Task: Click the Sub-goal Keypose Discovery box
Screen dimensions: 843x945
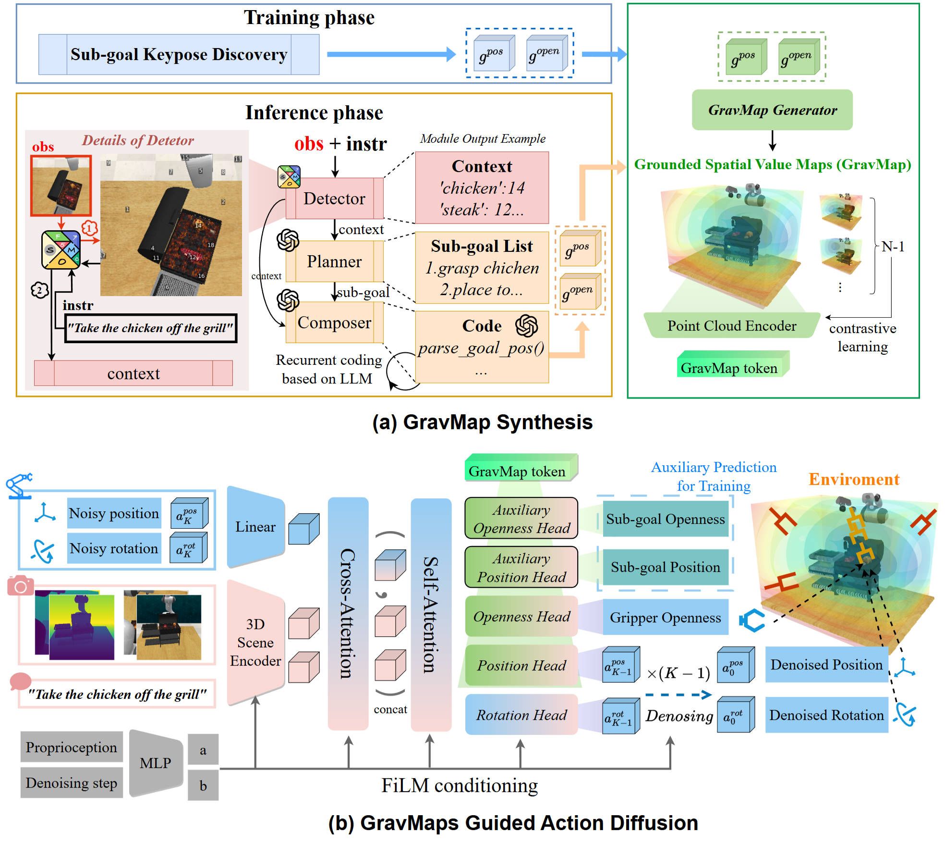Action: coord(179,54)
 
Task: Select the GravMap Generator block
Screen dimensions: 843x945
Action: coord(772,110)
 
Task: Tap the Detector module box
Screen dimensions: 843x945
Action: coord(334,198)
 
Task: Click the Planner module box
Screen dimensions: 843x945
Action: coord(334,261)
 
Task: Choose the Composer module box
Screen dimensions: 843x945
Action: coord(334,322)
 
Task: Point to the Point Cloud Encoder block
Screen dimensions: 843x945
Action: coord(731,326)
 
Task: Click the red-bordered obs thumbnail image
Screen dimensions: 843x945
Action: coord(61,186)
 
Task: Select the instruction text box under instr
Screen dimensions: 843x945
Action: coord(151,328)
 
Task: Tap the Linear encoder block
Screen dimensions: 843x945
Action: coord(255,527)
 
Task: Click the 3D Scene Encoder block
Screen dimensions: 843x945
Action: coord(255,642)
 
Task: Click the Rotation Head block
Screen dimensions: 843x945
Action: coord(521,715)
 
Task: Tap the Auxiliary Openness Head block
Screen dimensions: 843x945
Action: coord(521,519)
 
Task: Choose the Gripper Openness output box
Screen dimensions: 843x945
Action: coord(665,617)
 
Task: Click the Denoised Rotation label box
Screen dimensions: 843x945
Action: coord(826,715)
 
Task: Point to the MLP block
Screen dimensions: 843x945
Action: coord(156,763)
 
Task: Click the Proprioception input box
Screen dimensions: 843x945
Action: coord(71,747)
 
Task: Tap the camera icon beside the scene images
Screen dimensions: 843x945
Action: coord(21,586)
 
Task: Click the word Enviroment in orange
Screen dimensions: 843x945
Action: coord(853,479)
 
